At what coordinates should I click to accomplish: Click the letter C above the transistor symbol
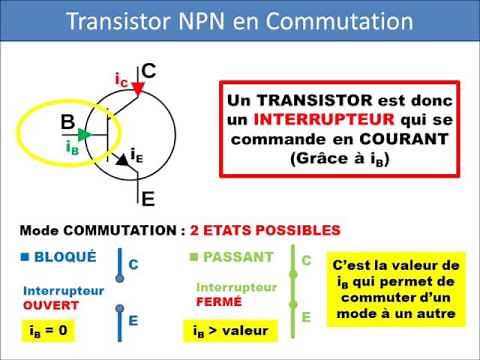pyautogui.click(x=148, y=71)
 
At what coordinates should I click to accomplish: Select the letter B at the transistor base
pyautogui.click(x=69, y=123)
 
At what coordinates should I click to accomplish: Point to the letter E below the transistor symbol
pyautogui.click(x=148, y=197)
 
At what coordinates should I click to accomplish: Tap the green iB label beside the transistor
pyautogui.click(x=72, y=147)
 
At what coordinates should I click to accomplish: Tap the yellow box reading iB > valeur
pyautogui.click(x=232, y=329)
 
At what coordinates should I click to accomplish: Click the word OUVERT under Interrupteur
pyautogui.click(x=50, y=304)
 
